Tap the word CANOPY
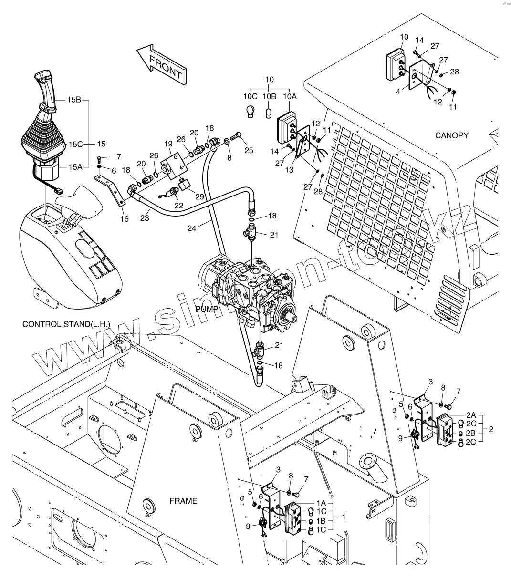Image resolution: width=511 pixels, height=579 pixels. tap(451, 135)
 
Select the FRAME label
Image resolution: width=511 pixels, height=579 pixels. tap(183, 501)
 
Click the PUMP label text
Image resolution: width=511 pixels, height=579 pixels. tap(206, 309)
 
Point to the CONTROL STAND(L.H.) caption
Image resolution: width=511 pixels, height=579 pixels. tap(66, 325)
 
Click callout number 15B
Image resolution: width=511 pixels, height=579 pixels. tap(74, 100)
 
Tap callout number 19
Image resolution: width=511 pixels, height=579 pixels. tap(167, 143)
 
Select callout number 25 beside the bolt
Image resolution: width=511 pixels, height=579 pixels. tap(249, 151)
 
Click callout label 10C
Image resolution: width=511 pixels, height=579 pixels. tap(250, 96)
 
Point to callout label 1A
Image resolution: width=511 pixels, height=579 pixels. tap(321, 503)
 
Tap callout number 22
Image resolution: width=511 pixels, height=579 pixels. tap(178, 206)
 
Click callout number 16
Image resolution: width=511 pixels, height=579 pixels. tap(124, 219)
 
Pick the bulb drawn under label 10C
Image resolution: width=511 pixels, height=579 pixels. tap(250, 111)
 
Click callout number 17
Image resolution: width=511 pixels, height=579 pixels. tap(116, 156)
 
